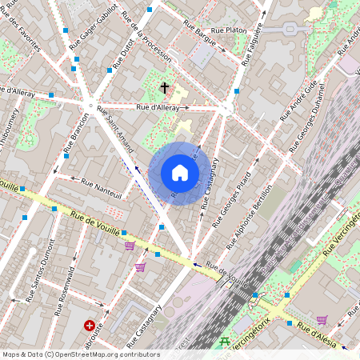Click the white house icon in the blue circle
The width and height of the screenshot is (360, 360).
[x=180, y=173]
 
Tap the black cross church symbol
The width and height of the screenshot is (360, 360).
[x=165, y=87]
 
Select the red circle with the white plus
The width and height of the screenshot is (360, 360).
[x=90, y=326]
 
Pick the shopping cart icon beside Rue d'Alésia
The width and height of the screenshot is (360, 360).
[x=322, y=320]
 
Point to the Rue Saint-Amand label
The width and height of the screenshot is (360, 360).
[x=115, y=124]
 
